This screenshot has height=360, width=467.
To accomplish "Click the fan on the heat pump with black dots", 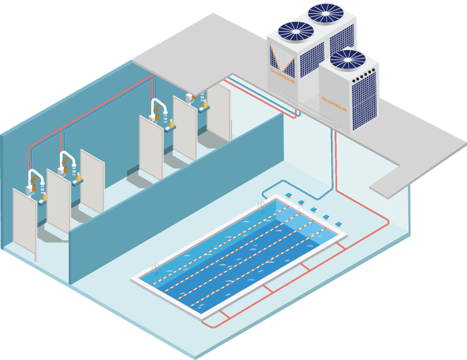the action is [348, 60].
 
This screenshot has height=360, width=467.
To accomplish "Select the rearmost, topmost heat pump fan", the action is [326, 13].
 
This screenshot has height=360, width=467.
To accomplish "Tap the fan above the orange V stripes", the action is [296, 31].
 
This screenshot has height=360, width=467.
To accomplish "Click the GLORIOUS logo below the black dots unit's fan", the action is [334, 104].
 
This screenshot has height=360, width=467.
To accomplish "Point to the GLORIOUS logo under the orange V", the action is [282, 75].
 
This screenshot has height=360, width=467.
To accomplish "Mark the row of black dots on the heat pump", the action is [363, 76].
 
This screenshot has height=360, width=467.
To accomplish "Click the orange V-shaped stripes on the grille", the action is [282, 59].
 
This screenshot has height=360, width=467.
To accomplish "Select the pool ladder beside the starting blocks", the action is [262, 207].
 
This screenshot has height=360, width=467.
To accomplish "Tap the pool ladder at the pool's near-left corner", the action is [155, 270].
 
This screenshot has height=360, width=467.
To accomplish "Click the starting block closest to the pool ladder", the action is [288, 195].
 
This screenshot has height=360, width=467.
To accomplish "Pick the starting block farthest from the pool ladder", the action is [338, 224].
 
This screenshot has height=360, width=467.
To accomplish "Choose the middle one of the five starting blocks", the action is [313, 210].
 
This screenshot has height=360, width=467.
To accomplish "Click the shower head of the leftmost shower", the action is [43, 183].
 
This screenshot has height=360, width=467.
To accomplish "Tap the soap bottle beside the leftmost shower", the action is [45, 197].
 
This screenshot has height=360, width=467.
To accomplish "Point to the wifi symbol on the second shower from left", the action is [65, 162].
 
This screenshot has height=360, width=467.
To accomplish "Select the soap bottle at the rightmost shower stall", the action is [205, 104].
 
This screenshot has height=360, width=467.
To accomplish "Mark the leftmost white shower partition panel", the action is [25, 221].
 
